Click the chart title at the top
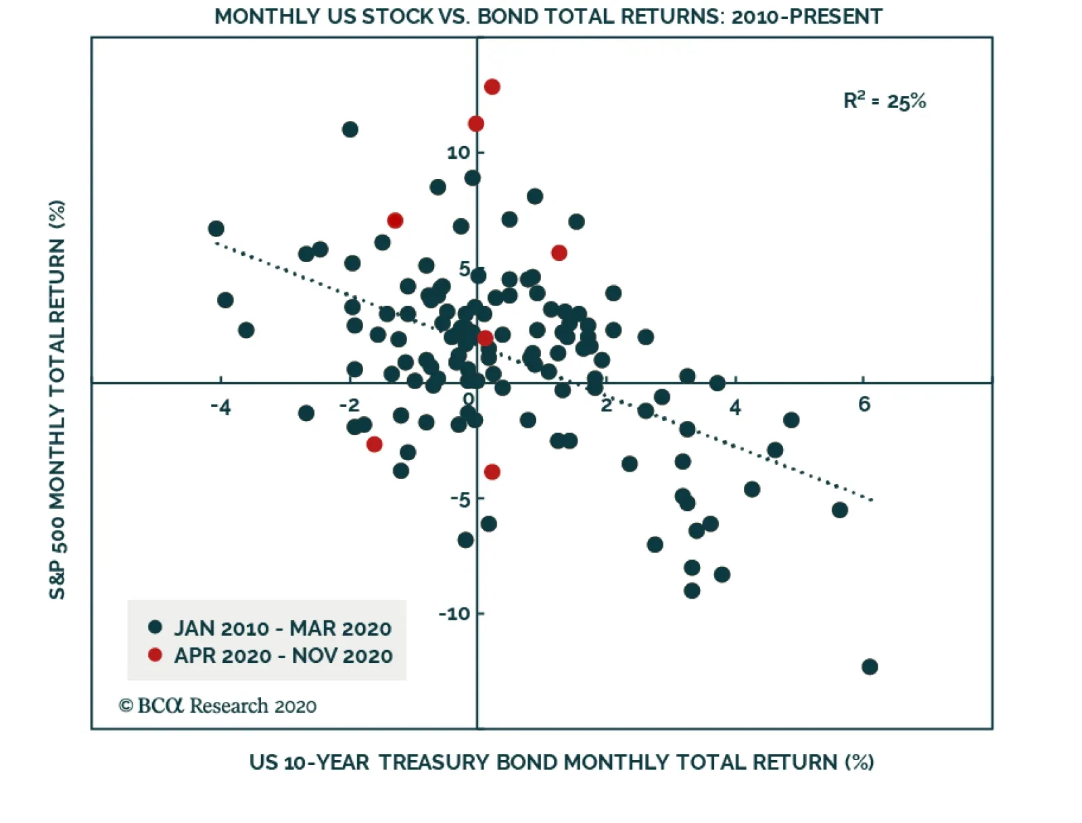point(548,16)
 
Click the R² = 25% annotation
point(884,101)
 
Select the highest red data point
point(492,86)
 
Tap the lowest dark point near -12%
point(870,667)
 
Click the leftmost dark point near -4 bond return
point(216,228)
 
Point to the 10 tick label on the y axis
point(458,153)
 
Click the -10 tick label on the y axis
point(453,614)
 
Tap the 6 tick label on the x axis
point(864,404)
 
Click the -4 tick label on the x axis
point(220,407)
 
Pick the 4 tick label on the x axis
point(735,407)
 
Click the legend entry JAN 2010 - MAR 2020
point(283,628)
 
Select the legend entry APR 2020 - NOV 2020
point(283,655)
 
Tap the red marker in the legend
point(155,655)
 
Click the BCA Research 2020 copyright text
point(218,706)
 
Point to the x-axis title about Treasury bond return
point(561,762)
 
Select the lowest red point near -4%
point(492,472)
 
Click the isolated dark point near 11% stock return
point(350,129)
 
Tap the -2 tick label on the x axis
point(349,405)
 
